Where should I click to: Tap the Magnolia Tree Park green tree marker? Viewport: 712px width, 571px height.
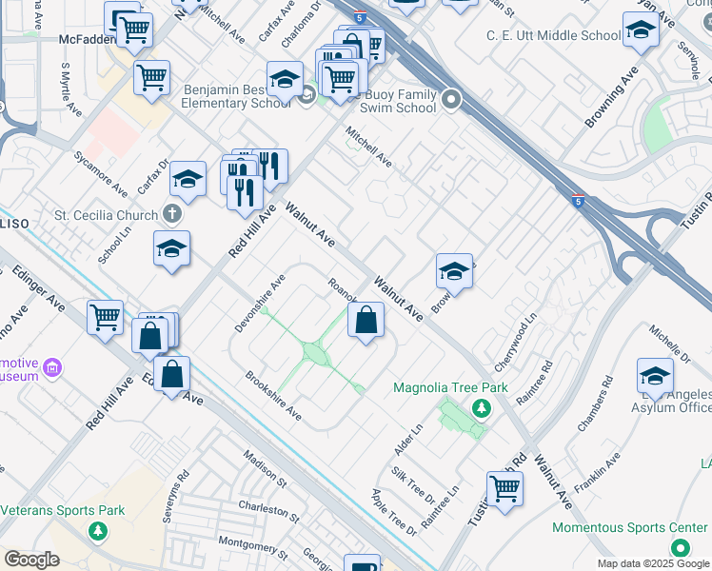[x=482, y=408]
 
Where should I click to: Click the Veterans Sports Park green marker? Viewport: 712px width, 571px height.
[x=96, y=530]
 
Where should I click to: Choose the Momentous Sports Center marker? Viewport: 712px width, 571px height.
[x=680, y=547]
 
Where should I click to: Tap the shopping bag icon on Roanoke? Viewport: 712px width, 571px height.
[x=366, y=322]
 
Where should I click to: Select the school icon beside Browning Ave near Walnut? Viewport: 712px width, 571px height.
[x=455, y=272]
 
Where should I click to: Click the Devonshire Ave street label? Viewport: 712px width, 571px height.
[x=260, y=304]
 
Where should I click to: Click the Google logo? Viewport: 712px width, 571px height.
[x=32, y=560]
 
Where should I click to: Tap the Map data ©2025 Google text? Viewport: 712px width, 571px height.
[x=652, y=563]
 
